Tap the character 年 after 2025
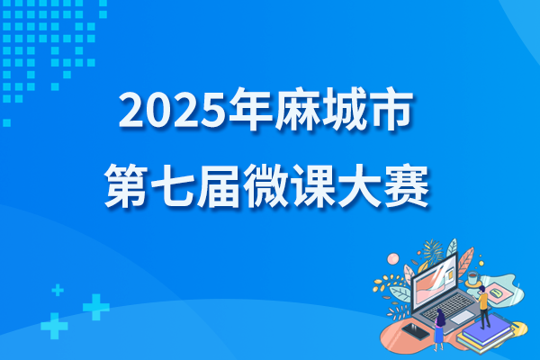coord(251,109)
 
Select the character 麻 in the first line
coord(297,109)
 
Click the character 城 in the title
coord(344,109)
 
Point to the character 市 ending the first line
coord(390,109)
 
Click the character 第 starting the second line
coord(126,185)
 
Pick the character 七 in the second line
coord(173,186)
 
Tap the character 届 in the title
coord(219,186)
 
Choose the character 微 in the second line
coord(265,185)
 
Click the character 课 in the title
coord(312,185)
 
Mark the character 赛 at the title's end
coord(407,186)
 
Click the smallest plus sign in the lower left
coord(58,290)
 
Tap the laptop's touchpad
coord(463,317)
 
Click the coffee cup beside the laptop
coord(472,277)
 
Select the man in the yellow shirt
coord(483,307)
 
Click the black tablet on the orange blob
coord(416,331)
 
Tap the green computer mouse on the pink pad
coord(496,293)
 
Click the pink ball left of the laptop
coord(393,258)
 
